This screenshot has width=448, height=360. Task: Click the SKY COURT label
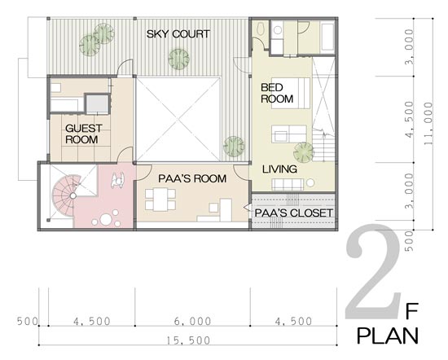178,34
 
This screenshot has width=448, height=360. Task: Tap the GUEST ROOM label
83,134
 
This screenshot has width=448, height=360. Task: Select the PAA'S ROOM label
192,178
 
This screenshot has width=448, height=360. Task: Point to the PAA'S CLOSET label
294,213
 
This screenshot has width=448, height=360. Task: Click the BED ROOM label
277,93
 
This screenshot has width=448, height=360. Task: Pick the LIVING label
279,169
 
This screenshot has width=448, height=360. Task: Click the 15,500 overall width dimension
188,340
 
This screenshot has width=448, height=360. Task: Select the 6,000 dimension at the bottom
193,321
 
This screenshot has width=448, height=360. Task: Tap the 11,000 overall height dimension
428,124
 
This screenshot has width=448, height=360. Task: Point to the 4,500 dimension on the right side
409,119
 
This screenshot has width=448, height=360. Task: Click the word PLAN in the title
388,336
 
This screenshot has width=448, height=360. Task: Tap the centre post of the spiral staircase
73,195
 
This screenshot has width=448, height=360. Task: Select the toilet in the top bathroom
261,29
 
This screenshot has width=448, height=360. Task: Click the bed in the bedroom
291,93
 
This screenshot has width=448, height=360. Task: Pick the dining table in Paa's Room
160,200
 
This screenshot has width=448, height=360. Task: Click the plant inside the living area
304,151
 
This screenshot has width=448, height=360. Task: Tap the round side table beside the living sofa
310,182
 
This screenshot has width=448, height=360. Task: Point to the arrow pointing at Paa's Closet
247,208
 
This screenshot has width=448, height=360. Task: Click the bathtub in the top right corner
327,37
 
